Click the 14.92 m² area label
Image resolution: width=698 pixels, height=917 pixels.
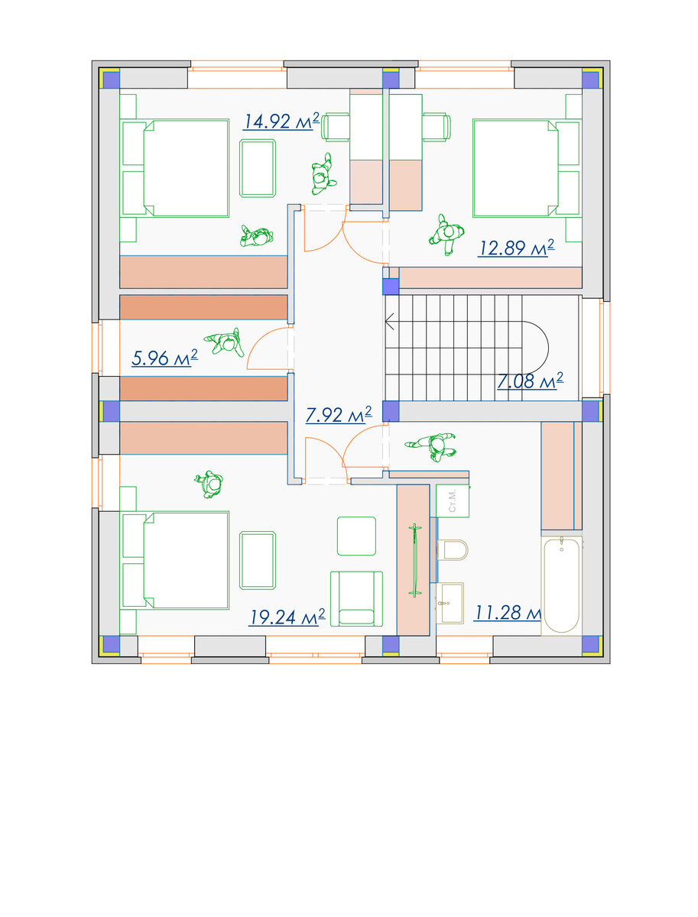(x=281, y=122)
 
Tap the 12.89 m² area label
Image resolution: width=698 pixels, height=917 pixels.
(x=516, y=248)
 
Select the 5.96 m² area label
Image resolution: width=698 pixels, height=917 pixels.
(x=164, y=358)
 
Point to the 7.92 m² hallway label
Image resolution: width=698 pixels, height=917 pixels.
(x=339, y=414)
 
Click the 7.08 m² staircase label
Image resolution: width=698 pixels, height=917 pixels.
(x=530, y=381)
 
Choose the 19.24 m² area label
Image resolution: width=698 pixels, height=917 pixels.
(x=287, y=617)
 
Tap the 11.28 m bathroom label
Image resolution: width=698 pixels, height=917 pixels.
(x=508, y=613)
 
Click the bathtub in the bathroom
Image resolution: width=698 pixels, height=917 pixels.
(x=562, y=585)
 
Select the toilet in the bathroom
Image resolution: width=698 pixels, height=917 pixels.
(x=452, y=549)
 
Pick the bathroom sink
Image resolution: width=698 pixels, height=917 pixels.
(x=450, y=603)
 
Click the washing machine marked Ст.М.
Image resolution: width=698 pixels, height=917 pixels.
(x=453, y=501)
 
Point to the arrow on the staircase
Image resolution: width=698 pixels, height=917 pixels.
(x=390, y=322)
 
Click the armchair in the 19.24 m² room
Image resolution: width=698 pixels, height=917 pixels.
(x=356, y=598)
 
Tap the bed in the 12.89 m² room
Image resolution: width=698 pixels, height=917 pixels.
(x=527, y=168)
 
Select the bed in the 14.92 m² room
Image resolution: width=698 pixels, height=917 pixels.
(x=175, y=168)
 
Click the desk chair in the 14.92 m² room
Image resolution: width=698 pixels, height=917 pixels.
(x=335, y=126)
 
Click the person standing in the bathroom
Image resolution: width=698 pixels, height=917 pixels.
(x=431, y=446)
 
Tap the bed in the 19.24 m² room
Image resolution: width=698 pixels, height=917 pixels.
(x=175, y=561)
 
